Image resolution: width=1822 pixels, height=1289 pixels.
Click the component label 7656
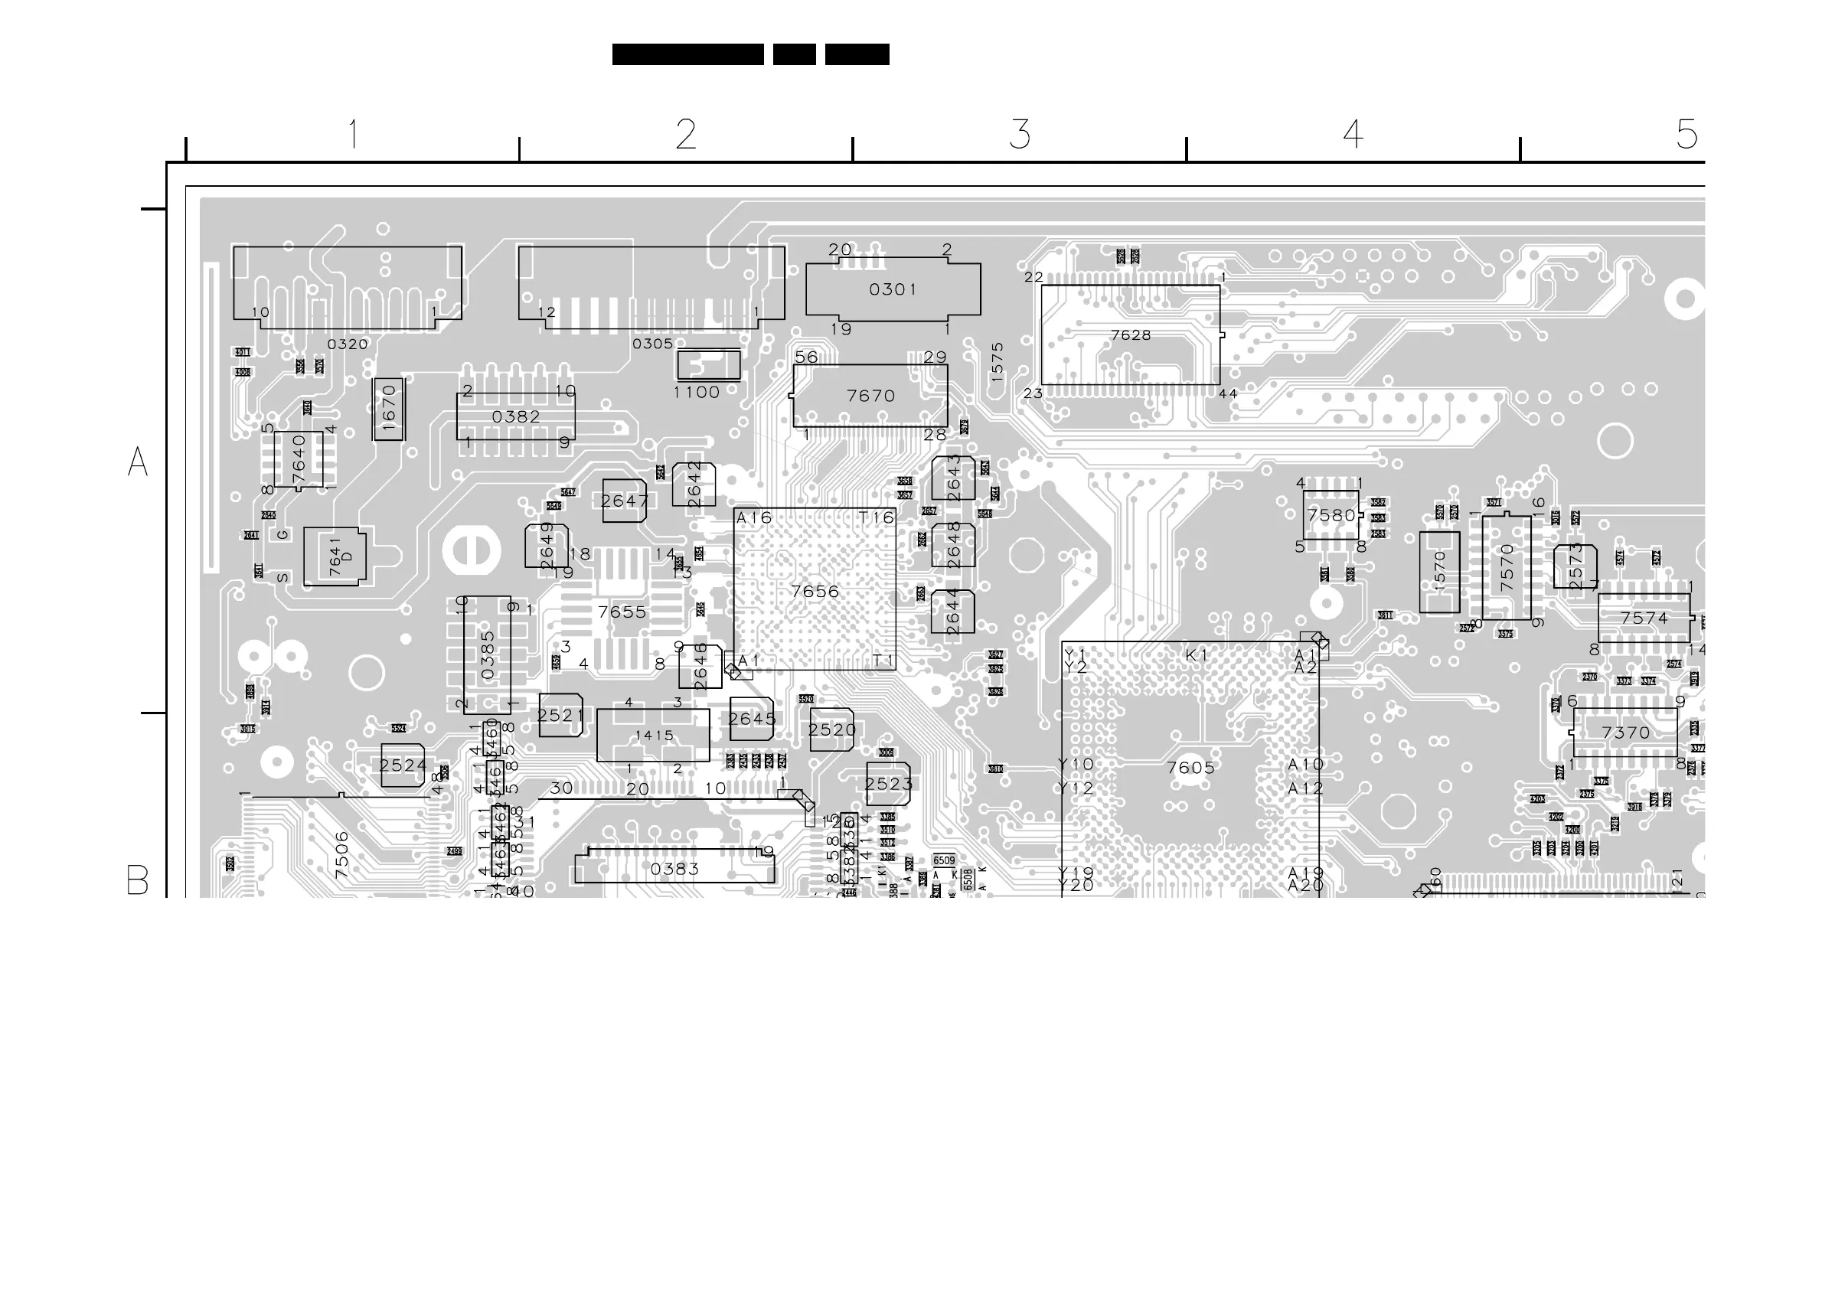click(x=815, y=592)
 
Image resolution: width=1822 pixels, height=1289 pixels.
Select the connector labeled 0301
click(x=893, y=289)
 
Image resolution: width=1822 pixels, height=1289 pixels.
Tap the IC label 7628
click(x=1131, y=336)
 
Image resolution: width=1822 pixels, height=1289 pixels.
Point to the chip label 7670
click(x=870, y=396)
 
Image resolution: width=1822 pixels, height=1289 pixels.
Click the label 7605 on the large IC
click(x=1190, y=768)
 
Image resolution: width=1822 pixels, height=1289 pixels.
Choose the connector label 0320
click(x=348, y=344)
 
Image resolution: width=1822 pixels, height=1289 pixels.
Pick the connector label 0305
click(x=652, y=344)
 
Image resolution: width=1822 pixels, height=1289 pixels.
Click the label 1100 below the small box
click(x=696, y=393)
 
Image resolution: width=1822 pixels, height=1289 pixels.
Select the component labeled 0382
click(x=516, y=417)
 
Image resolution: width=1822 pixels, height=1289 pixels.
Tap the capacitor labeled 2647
click(x=625, y=501)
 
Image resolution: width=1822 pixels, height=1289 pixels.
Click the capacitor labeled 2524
click(x=403, y=766)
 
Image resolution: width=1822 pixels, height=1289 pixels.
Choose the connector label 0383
click(x=674, y=869)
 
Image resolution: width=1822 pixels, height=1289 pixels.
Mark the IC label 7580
click(x=1331, y=516)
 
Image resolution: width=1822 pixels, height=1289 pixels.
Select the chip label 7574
click(x=1644, y=618)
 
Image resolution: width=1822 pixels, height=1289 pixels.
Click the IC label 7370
click(x=1625, y=733)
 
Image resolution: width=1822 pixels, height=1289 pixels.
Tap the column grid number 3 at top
click(x=1020, y=135)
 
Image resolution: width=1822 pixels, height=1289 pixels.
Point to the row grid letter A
click(x=137, y=462)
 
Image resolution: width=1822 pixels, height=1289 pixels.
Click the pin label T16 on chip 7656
click(x=876, y=517)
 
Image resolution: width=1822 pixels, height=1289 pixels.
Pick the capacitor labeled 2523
click(x=888, y=785)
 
